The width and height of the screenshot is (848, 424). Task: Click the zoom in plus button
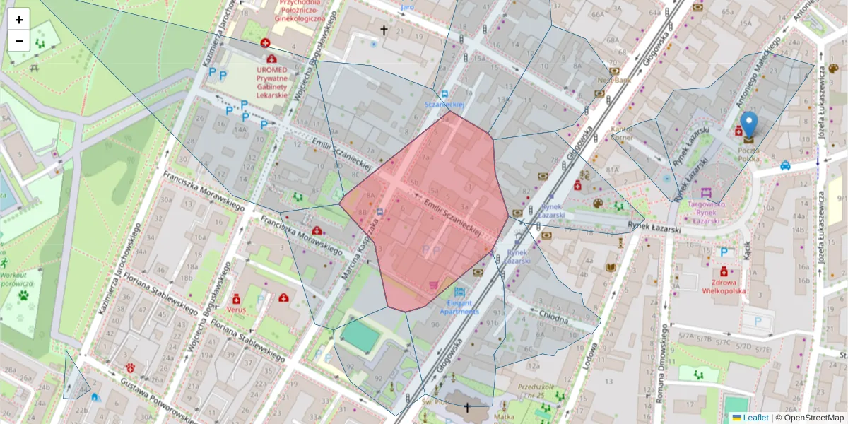click(x=19, y=20)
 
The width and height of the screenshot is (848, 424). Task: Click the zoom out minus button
click(x=19, y=41)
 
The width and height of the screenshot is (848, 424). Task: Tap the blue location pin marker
click(x=748, y=124)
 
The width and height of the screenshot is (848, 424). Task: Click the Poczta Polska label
click(x=748, y=155)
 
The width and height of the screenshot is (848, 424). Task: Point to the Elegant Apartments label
click(x=459, y=307)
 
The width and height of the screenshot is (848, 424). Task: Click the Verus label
click(x=236, y=309)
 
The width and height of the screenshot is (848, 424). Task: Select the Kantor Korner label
click(x=622, y=134)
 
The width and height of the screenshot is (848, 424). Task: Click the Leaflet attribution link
click(x=755, y=418)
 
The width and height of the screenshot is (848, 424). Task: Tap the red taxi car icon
click(x=785, y=165)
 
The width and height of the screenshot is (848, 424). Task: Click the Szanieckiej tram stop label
click(x=444, y=105)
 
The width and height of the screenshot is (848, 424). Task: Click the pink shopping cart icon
click(x=433, y=284)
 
